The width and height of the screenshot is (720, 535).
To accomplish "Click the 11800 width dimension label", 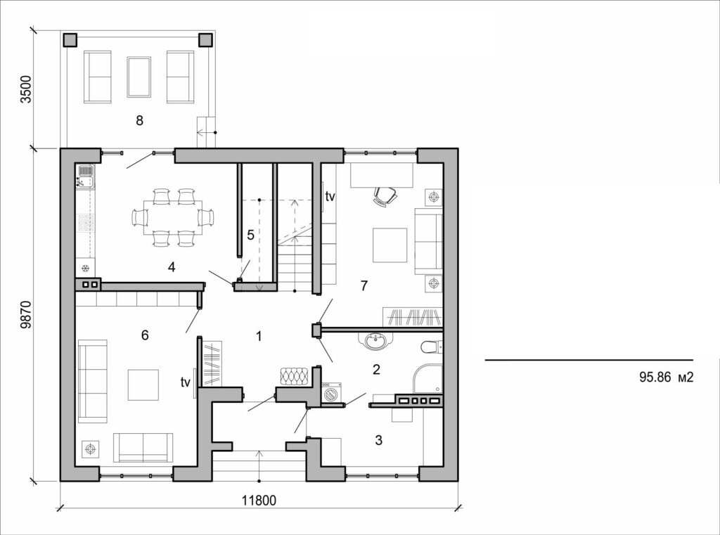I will click(259, 501).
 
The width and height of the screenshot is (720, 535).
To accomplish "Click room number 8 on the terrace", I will click(139, 120).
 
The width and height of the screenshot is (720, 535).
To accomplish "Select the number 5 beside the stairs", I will click(250, 235).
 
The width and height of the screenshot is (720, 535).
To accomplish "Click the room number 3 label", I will click(378, 441).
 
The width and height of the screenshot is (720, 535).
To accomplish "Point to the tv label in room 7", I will click(330, 197).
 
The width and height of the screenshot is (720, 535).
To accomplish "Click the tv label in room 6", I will click(186, 382).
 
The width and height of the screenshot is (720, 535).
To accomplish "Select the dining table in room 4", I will click(172, 217).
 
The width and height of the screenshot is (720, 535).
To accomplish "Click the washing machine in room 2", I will click(332, 394).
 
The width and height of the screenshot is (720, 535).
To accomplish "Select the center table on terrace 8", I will click(139, 77).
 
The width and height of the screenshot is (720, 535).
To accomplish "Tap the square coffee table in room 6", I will click(143, 384).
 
